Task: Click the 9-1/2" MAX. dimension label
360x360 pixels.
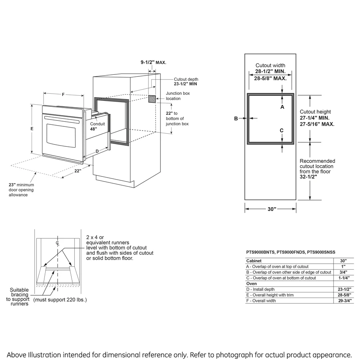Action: coord(153,62)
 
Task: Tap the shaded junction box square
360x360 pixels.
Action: coord(152,99)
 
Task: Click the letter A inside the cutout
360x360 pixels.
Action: coord(282,107)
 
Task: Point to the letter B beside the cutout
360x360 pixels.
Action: coord(236,118)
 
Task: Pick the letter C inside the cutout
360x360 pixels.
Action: coord(282,130)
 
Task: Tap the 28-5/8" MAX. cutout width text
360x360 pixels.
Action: coord(270,79)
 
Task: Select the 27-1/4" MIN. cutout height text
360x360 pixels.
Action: coord(315,118)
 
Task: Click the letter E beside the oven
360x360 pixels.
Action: coord(32,129)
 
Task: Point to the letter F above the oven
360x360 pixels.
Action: coord(63,94)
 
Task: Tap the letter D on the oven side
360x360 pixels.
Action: coord(97,151)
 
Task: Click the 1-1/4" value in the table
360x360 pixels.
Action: coord(343,278)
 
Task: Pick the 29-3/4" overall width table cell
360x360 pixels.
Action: coord(343,300)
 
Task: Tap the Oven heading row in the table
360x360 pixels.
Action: coord(252,284)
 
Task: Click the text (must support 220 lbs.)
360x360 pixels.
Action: coord(60,300)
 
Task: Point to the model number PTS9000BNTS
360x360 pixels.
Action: coord(261,252)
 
